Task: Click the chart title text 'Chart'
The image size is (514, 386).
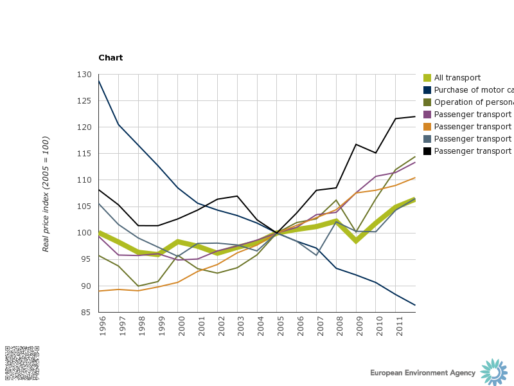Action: coord(111,58)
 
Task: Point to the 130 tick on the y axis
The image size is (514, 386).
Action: coord(84,75)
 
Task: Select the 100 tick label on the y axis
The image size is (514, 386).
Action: coord(84,233)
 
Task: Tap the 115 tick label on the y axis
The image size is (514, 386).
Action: coord(84,154)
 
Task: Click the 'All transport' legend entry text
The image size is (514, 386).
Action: coord(457,78)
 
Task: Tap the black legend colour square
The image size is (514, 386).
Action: coord(427,151)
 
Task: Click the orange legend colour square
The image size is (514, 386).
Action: coord(427,127)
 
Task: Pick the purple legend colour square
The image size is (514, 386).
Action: coord(427,115)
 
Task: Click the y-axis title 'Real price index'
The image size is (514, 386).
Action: coord(46,194)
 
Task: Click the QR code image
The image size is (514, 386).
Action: coord(22,363)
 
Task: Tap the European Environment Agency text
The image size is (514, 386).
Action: coord(423,373)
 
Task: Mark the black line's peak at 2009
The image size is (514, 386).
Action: coord(356,144)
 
